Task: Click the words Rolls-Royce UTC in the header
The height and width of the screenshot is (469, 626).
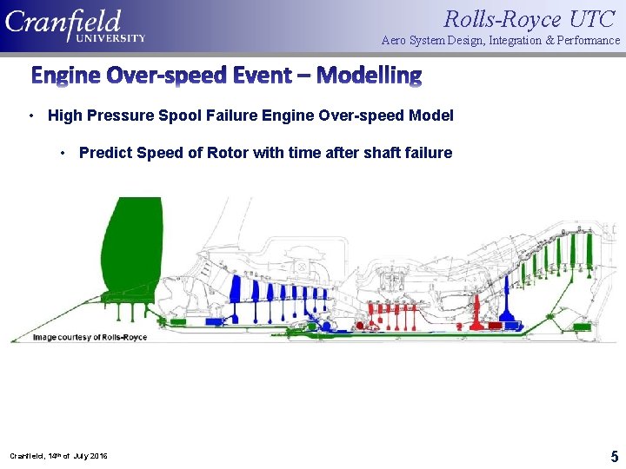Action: (529, 18)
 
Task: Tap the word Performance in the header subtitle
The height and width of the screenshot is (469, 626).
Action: (583, 41)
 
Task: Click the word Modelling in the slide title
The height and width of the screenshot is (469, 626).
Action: (369, 76)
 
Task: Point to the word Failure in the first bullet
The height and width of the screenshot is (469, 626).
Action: (241, 116)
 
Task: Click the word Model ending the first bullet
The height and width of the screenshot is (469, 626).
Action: (433, 116)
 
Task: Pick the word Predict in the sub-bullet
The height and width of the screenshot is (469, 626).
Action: (103, 153)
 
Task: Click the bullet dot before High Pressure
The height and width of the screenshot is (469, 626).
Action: (31, 116)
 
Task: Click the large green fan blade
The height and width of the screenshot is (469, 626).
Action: (131, 252)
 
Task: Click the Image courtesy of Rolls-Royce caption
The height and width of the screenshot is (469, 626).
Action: (90, 337)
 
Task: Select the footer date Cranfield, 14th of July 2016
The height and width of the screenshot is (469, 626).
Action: (59, 455)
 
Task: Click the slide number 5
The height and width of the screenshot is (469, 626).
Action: (614, 456)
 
